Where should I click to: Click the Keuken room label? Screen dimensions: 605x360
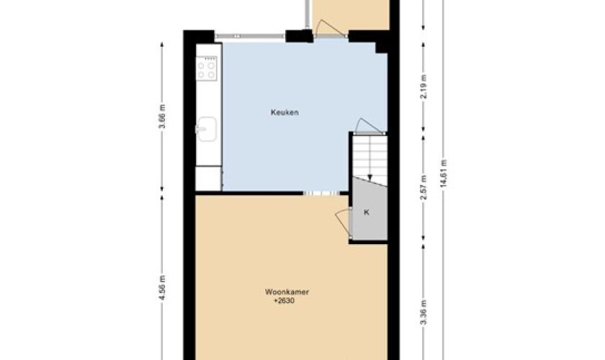tap(284, 112)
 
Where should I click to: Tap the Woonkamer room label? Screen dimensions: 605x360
tap(287, 292)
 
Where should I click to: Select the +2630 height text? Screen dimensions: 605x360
tap(284, 301)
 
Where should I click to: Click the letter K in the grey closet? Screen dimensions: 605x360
tap(367, 212)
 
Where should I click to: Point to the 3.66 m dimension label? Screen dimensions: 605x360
tap(163, 116)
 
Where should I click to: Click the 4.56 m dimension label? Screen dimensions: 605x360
tap(163, 287)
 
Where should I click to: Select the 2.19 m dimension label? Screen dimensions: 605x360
tap(423, 86)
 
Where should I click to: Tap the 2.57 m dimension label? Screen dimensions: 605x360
tap(423, 187)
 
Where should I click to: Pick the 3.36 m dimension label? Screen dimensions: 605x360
tap(423, 312)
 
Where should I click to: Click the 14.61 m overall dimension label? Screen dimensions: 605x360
tap(444, 174)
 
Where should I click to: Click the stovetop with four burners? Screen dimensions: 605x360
tap(207, 68)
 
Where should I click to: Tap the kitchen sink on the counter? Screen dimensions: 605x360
tap(207, 129)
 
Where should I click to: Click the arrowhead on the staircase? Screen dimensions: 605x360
tap(370, 178)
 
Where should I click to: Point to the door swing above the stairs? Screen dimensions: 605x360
tap(369, 126)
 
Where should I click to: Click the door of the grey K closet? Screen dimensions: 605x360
tap(343, 224)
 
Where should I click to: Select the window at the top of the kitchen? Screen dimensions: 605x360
tap(250, 36)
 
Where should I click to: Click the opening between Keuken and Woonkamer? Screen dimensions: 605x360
tap(321, 193)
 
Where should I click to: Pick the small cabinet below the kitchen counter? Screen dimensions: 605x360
tap(208, 179)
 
